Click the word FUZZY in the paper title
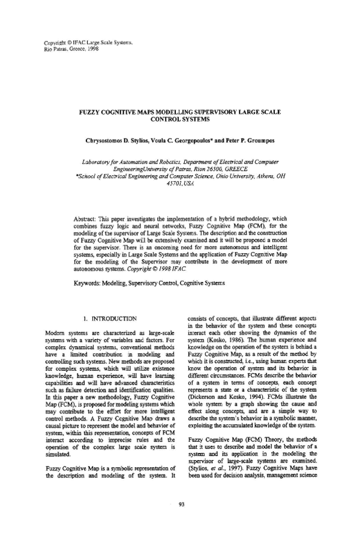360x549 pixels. pos(92,112)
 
